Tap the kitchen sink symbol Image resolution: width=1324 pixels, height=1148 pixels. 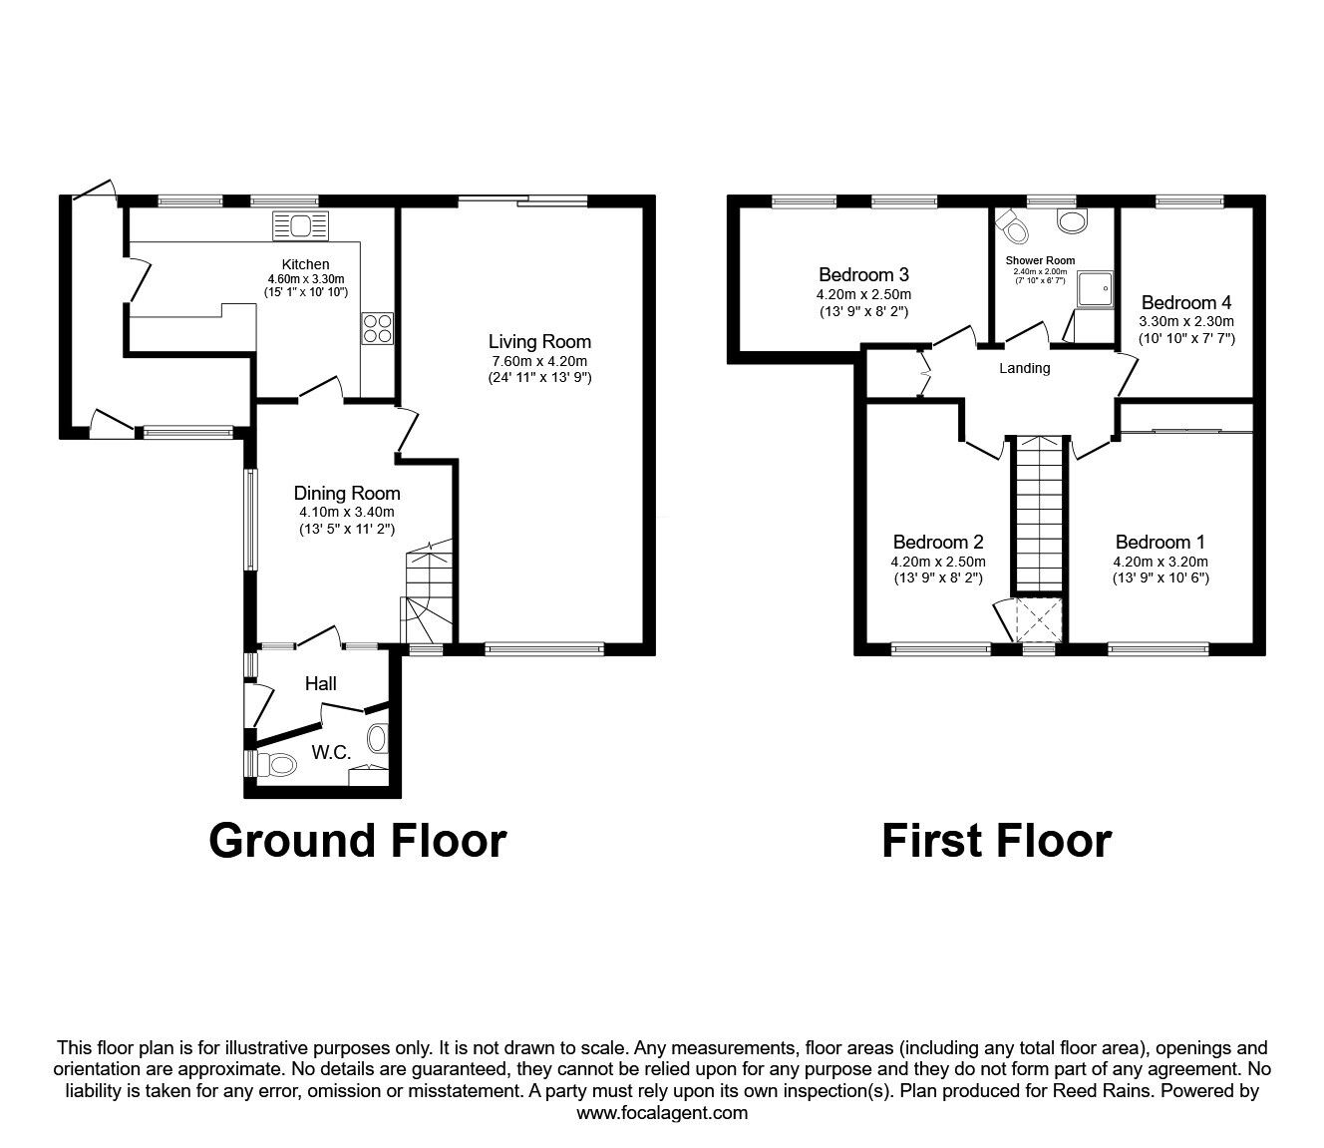pos(300,226)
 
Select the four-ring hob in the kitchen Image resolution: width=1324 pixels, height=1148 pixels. pos(378,328)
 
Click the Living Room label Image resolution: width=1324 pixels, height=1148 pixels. pos(539,342)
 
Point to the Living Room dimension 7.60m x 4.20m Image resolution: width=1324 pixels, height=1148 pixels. pos(539,361)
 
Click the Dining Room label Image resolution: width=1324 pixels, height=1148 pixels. pos(347,493)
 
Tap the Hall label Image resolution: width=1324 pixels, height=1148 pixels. pos(321,683)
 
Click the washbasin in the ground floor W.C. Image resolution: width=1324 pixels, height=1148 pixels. pos(377,739)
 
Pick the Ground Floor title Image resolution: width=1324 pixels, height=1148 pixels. pos(357,841)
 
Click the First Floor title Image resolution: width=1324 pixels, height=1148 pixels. pos(996,841)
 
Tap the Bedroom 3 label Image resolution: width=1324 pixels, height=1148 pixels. pos(863,274)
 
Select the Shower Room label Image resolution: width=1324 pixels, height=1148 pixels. pos(1040,260)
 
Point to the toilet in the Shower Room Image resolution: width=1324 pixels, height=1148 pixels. pos(1015,228)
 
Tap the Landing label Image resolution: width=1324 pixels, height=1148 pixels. pos(1025,368)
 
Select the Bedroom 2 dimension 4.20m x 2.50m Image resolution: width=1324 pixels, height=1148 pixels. pos(938,562)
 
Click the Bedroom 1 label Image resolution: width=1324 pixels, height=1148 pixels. pos(1160,543)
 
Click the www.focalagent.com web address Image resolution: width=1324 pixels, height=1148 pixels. pos(662,1113)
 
